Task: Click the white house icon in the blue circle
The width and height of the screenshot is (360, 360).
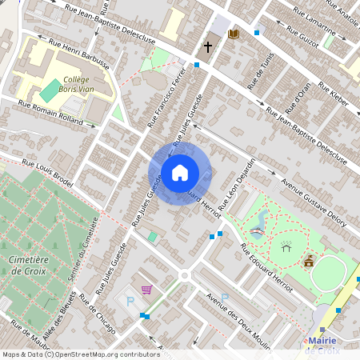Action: [x=180, y=172]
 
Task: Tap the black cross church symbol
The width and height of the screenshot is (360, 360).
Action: [x=208, y=47]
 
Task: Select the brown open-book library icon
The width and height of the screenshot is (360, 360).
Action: [x=234, y=34]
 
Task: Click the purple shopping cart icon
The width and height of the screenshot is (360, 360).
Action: [x=146, y=290]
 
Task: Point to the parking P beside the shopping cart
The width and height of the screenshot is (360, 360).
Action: [x=130, y=301]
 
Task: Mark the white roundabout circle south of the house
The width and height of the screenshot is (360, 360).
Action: [x=185, y=276]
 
